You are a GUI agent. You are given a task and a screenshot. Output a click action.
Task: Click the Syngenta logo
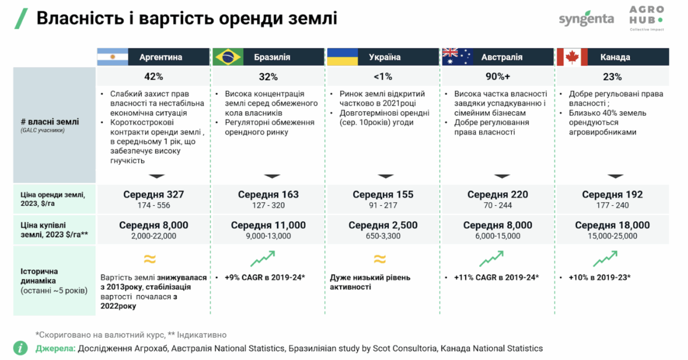(x=586, y=18)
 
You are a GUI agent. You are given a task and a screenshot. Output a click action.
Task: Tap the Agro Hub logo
(x=646, y=18)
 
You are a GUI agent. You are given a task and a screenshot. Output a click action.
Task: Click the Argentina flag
(x=112, y=57)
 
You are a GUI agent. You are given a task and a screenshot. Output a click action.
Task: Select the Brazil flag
(x=228, y=57)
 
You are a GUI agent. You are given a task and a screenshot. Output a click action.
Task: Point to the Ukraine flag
(x=342, y=57)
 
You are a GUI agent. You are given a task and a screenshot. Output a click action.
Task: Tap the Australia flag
(x=457, y=57)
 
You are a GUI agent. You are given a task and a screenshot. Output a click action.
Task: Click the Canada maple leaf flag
(x=572, y=57)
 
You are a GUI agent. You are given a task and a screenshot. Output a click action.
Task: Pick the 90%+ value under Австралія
(x=497, y=77)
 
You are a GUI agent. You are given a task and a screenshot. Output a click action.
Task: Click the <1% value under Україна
(x=382, y=77)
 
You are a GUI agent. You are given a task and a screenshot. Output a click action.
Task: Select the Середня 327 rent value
(x=153, y=195)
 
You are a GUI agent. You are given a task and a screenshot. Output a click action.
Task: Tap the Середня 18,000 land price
(x=612, y=225)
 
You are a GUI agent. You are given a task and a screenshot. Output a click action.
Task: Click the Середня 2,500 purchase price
(x=382, y=225)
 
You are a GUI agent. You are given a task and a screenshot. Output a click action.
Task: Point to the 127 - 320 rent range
(x=268, y=205)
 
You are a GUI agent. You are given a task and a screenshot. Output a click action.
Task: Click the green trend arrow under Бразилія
(x=262, y=260)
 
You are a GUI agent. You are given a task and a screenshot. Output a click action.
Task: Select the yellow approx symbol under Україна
(x=380, y=259)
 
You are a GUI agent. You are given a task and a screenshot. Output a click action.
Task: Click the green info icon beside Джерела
(x=21, y=347)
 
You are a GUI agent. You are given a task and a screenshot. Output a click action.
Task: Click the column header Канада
(x=615, y=57)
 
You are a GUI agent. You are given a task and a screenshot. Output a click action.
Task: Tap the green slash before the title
(x=21, y=18)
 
